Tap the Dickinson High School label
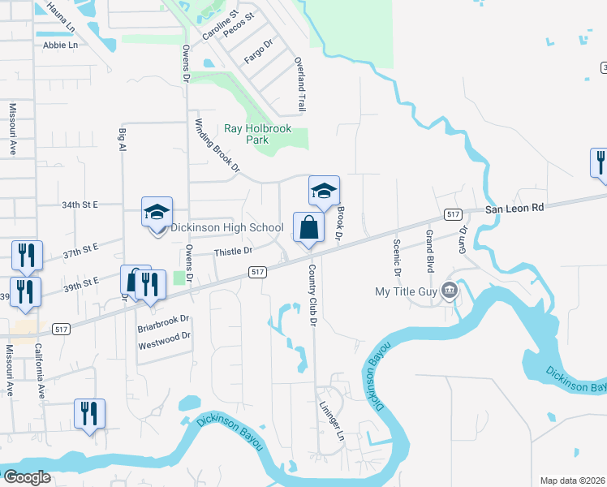click(226, 228)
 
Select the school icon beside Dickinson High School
click(157, 213)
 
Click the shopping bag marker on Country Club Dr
click(309, 227)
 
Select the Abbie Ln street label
click(61, 45)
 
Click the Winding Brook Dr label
click(217, 146)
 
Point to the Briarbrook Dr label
click(163, 319)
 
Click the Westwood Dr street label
click(164, 335)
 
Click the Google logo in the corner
click(26, 477)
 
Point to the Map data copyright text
click(573, 481)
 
